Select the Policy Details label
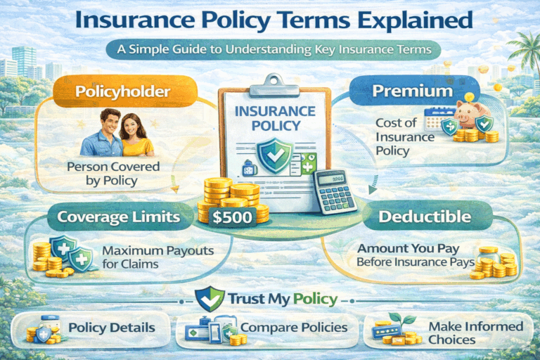[x=112, y=328]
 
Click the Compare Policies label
[x=294, y=328]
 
